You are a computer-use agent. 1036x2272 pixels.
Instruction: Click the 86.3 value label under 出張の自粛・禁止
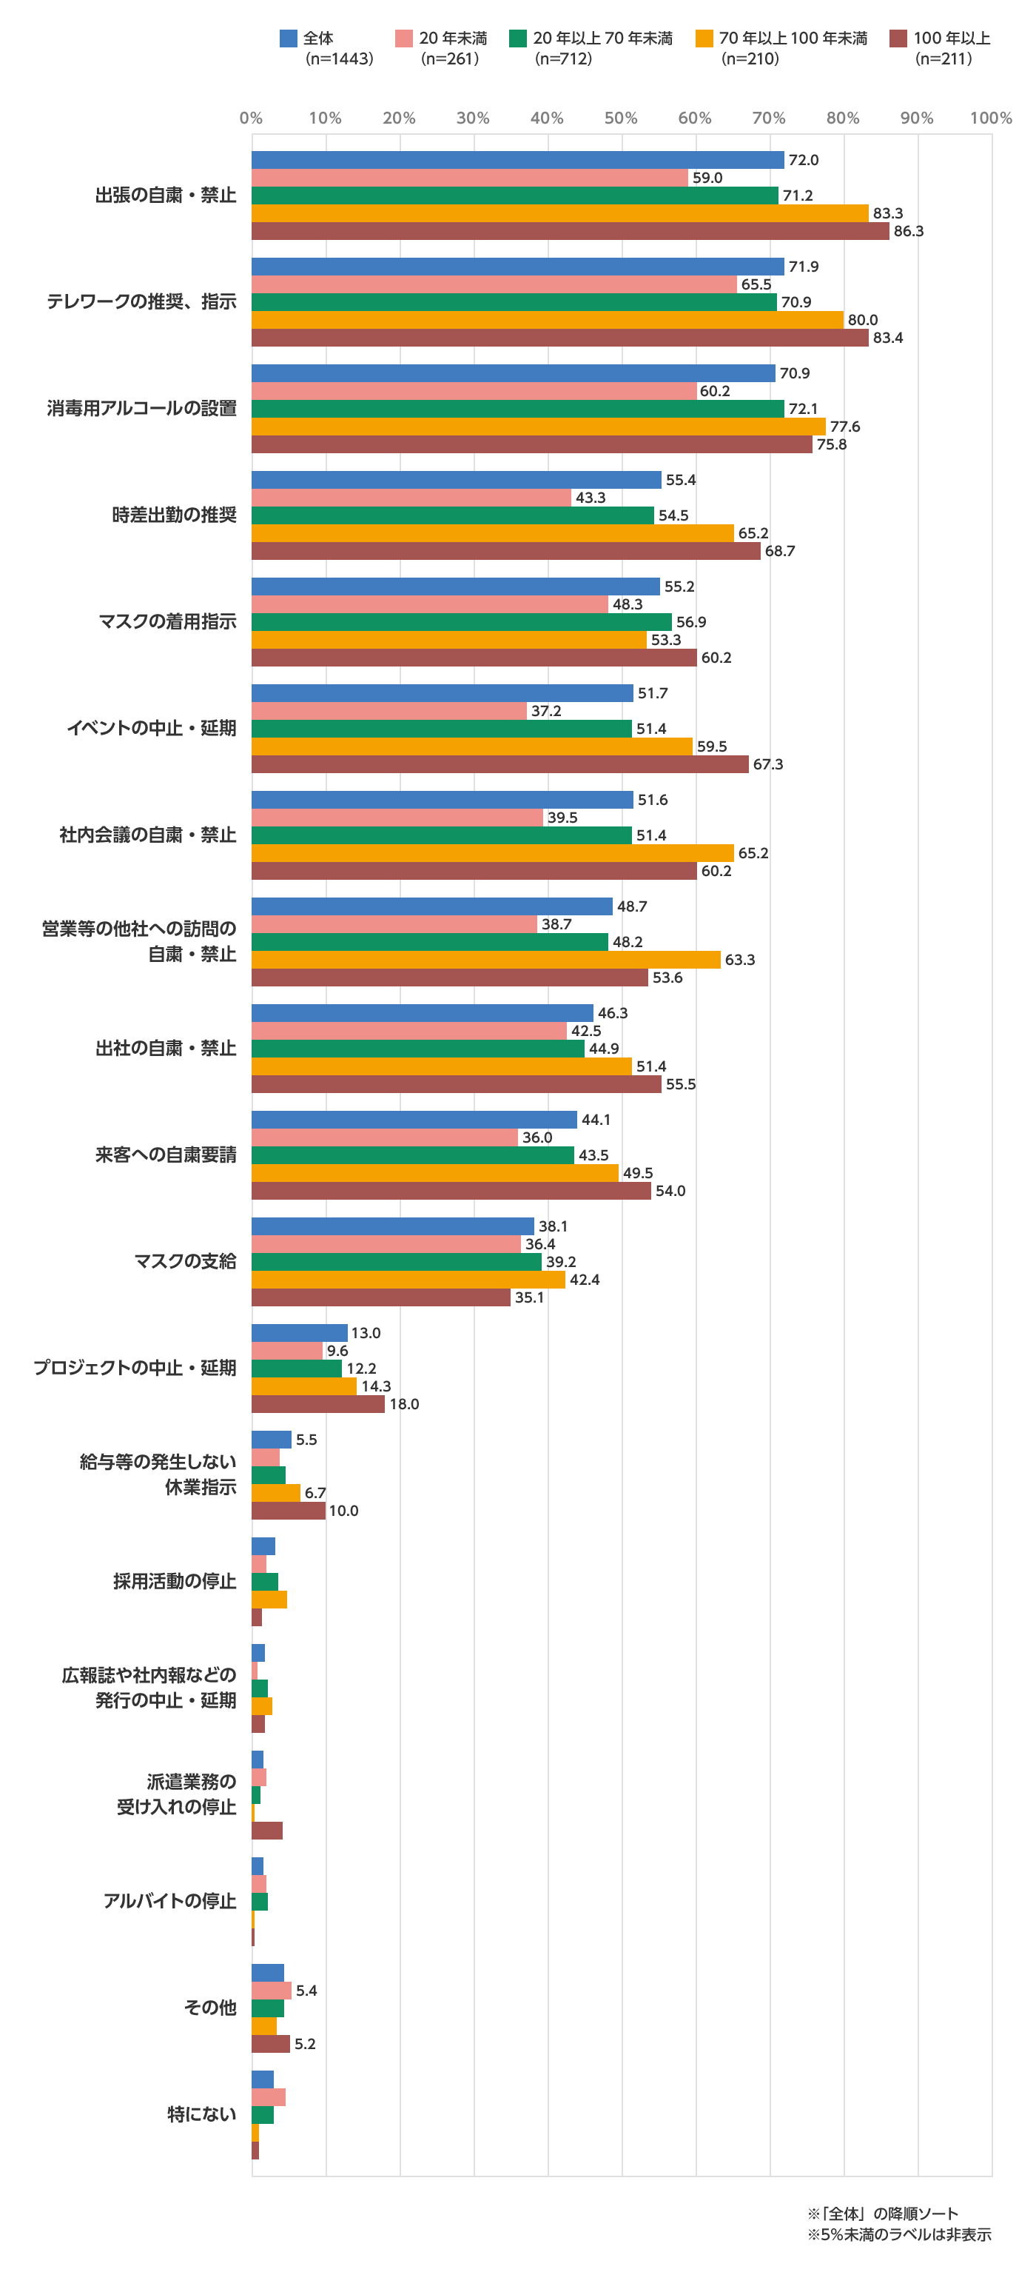pyautogui.click(x=908, y=232)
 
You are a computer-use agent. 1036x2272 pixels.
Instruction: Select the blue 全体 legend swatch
pyautogui.click(x=289, y=38)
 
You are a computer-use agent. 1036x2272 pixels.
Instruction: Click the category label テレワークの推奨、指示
pyautogui.click(x=142, y=301)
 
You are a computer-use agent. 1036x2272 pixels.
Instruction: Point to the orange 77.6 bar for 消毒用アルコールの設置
pyautogui.click(x=538, y=427)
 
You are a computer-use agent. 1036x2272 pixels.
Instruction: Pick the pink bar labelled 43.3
pyautogui.click(x=411, y=498)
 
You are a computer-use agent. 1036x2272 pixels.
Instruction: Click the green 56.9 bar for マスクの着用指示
pyautogui.click(x=461, y=623)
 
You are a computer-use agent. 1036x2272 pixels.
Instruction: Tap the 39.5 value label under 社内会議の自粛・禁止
pyautogui.click(x=562, y=818)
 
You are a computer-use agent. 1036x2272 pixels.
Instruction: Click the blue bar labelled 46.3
pyautogui.click(x=422, y=1013)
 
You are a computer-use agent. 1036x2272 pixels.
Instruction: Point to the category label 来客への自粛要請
pyautogui.click(x=166, y=1155)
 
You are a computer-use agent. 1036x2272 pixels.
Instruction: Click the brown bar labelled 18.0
pyautogui.click(x=317, y=1404)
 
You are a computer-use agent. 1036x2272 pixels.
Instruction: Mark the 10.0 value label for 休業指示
pyautogui.click(x=344, y=1511)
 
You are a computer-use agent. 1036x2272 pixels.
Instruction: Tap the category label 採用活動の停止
pyautogui.click(x=175, y=1581)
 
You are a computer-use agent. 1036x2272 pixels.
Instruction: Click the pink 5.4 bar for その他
pyautogui.click(x=271, y=1991)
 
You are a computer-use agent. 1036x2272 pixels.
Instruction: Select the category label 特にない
pyautogui.click(x=202, y=2114)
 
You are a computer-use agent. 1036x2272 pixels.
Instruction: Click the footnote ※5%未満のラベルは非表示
pyautogui.click(x=898, y=2234)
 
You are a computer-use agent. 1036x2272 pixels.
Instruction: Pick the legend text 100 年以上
pyautogui.click(x=952, y=39)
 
